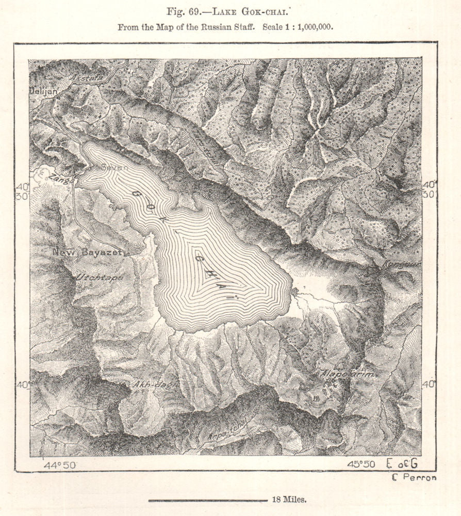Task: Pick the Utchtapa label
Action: click(100, 277)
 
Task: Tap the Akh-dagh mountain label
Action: click(148, 384)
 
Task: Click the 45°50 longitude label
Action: click(361, 464)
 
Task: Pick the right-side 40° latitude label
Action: click(429, 384)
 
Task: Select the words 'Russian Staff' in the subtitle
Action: click(228, 27)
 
